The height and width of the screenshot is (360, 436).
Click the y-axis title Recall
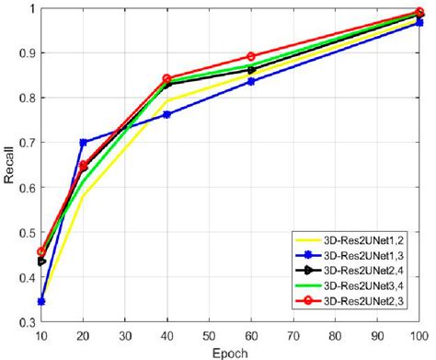click(8, 166)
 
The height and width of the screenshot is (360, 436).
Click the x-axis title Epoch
click(230, 353)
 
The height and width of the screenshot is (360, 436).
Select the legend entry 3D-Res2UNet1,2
click(362, 241)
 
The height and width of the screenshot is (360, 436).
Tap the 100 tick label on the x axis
click(419, 337)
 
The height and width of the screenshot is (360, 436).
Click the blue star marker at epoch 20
click(84, 143)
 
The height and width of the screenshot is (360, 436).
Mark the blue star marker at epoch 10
click(41, 301)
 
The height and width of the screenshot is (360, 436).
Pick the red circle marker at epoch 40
click(166, 79)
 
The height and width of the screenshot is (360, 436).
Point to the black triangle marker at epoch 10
click(42, 261)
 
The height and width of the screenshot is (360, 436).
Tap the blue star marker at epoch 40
click(166, 114)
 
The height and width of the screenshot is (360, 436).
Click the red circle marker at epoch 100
click(419, 13)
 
